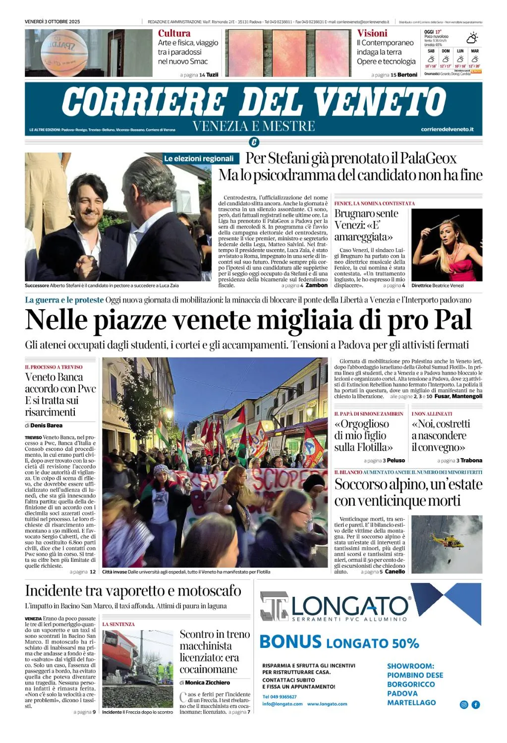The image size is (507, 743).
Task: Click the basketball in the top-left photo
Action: pyautogui.click(x=64, y=52)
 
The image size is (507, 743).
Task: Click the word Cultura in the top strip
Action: pyautogui.click(x=174, y=33)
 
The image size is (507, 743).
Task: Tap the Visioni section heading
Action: pyautogui.click(x=372, y=33)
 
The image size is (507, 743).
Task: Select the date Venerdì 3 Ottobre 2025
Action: pyautogui.click(x=52, y=22)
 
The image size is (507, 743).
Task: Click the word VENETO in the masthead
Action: pyautogui.click(x=380, y=102)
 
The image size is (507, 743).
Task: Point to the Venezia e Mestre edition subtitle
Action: pyautogui.click(x=253, y=126)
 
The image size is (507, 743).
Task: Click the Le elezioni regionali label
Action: pyautogui.click(x=199, y=159)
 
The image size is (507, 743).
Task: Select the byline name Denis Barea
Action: pyautogui.click(x=46, y=425)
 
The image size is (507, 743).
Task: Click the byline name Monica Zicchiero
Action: pyautogui.click(x=207, y=683)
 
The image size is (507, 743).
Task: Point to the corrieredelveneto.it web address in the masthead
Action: pyautogui.click(x=447, y=129)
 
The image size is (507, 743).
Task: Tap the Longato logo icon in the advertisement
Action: pyautogui.click(x=274, y=606)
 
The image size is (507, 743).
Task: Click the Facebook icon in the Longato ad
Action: pyautogui.click(x=476, y=704)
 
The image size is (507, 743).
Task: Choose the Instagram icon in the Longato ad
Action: pyautogui.click(x=464, y=704)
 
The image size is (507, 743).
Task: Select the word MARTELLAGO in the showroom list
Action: pyautogui.click(x=411, y=702)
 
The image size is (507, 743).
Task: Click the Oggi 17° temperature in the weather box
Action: pyautogui.click(x=433, y=32)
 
